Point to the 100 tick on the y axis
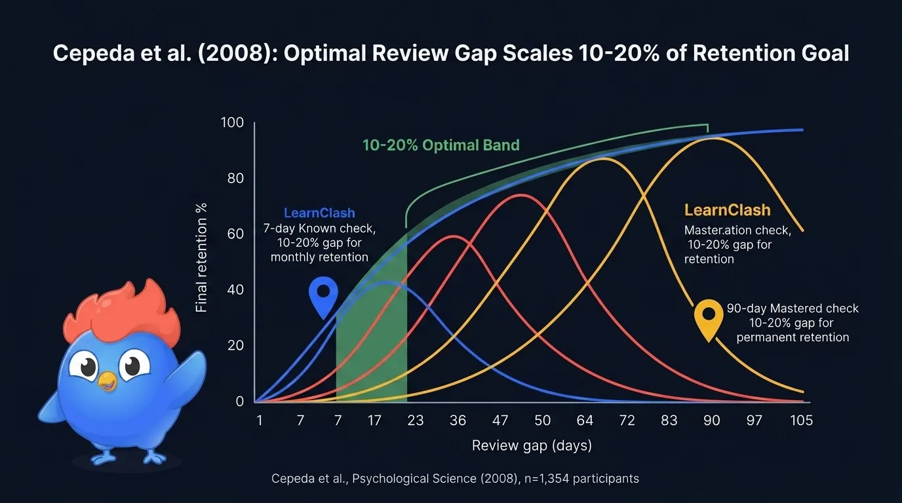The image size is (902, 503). (x=232, y=123)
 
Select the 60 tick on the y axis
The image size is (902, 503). (x=234, y=234)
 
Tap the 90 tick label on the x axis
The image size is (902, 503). (x=712, y=420)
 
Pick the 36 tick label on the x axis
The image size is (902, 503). (x=458, y=420)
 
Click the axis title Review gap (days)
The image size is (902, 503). (x=532, y=446)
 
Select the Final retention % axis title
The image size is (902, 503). (x=202, y=257)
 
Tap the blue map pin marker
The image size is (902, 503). (x=323, y=295)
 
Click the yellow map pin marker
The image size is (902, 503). (x=709, y=318)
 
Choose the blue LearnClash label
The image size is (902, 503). (x=319, y=213)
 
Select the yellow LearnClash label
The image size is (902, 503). (x=727, y=210)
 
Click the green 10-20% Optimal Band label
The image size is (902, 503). (x=441, y=145)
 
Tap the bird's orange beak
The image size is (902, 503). (x=107, y=381)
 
